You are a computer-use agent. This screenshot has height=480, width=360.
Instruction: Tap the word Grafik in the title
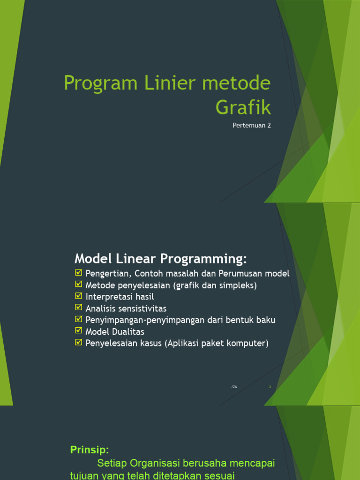[x=243, y=108]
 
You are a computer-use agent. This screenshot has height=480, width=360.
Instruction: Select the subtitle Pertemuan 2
[x=252, y=126]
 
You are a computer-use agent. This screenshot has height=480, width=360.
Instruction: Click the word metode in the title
[x=237, y=83]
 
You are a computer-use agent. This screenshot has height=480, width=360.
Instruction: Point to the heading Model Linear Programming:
[x=160, y=259]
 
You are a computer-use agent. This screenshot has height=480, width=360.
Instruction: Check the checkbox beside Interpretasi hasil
[x=78, y=296]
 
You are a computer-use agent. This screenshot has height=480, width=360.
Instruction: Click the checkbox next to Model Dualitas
[x=78, y=331]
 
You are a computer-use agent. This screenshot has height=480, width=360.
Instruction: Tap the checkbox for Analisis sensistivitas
[x=78, y=308]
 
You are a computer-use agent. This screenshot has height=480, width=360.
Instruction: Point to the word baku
[x=265, y=320]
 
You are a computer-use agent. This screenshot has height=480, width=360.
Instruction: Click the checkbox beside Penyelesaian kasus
[x=78, y=343]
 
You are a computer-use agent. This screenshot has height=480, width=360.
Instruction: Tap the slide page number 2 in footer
[x=270, y=387]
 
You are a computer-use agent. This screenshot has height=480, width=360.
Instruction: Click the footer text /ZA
[x=234, y=387]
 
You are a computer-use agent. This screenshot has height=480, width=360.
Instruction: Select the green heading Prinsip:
[x=90, y=450]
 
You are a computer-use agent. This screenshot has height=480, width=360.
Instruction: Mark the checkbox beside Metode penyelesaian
[x=78, y=285]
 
